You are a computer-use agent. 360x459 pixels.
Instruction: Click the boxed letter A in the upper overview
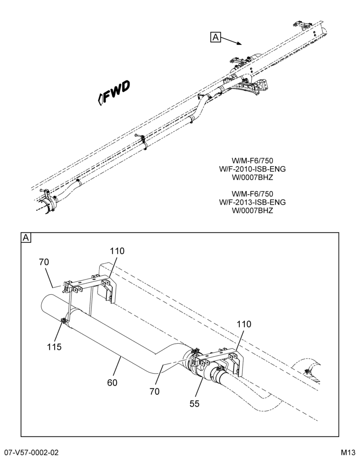[215, 38]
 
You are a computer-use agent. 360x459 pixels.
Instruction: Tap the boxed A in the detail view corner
[26, 238]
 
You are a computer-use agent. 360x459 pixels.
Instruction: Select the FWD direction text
[114, 92]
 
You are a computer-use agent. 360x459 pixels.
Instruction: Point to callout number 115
[55, 347]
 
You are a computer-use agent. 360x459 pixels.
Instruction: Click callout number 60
[112, 383]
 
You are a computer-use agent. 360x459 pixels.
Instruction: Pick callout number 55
[195, 403]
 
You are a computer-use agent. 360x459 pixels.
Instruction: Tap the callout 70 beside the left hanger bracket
[44, 262]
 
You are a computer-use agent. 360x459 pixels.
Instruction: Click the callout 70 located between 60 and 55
[154, 392]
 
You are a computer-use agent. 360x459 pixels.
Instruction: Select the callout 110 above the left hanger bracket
[117, 251]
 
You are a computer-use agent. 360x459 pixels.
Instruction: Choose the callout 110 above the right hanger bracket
[244, 324]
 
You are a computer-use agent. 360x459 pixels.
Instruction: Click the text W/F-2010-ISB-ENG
[252, 169]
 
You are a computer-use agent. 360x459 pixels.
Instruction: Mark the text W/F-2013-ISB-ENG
[252, 202]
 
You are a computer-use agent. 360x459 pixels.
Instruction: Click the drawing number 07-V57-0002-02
[29, 453]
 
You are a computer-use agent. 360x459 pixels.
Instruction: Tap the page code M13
[348, 453]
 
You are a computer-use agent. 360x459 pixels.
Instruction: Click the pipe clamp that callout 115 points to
[64, 321]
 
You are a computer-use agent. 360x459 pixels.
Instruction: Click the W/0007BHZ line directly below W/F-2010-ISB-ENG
[252, 177]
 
